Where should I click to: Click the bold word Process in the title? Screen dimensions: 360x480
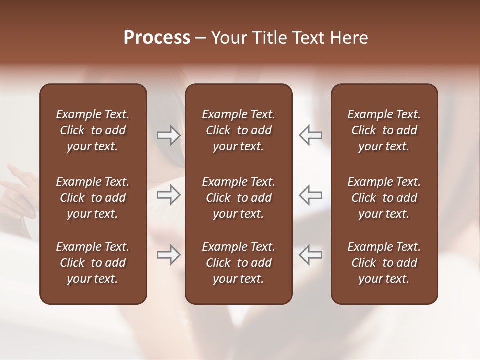pos(157,38)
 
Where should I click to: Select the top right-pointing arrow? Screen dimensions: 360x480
pos(168,135)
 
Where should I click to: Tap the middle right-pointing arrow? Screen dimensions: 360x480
pos(168,195)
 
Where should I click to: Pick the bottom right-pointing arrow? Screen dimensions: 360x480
pos(168,255)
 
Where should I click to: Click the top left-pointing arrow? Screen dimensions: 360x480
pos(310,135)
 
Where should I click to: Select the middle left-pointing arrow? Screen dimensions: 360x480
pos(310,195)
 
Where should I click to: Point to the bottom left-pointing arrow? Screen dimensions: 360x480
pos(310,255)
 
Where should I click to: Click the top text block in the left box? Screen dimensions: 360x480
pos(93,130)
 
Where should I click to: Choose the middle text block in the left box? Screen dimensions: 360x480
pos(93,198)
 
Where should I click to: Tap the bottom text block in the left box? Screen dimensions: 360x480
pos(93,263)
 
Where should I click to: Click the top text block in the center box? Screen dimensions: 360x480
pos(239,130)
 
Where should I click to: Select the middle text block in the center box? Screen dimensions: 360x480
pos(239,198)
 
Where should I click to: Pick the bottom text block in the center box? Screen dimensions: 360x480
pos(239,263)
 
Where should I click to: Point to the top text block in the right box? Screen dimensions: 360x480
pos(384,130)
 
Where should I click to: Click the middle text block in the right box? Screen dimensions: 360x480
pos(384,198)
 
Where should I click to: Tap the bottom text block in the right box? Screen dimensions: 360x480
pos(384,263)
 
